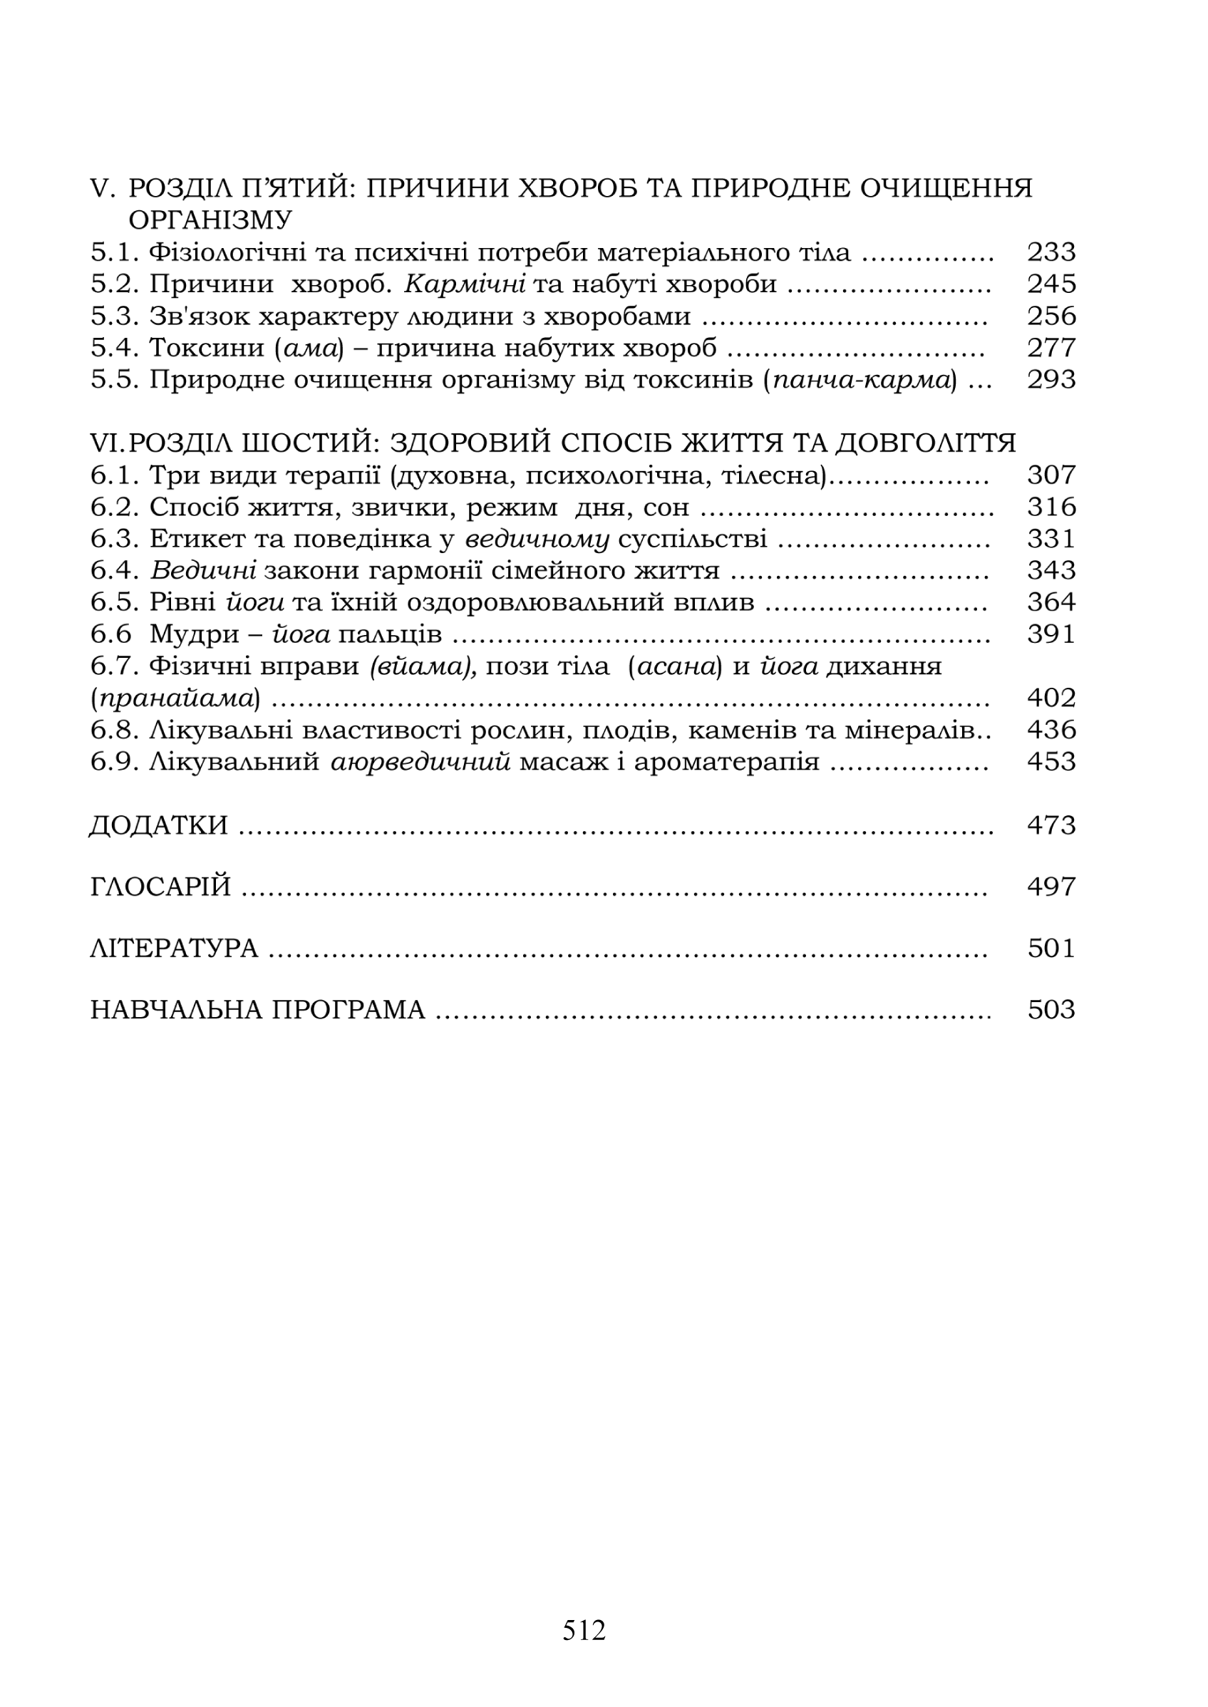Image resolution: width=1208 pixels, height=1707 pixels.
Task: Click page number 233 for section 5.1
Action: tap(1051, 253)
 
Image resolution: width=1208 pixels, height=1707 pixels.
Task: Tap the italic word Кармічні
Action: tap(465, 284)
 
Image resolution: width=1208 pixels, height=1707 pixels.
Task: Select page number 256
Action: tap(1051, 316)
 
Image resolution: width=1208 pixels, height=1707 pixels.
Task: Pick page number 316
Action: tap(1051, 507)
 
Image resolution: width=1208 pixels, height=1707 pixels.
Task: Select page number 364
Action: tap(1051, 602)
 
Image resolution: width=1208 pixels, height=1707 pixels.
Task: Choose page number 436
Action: tap(1051, 730)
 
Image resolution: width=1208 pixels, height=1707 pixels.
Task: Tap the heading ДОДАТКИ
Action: tap(158, 825)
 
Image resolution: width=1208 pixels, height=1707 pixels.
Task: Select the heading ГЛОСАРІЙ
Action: tap(160, 887)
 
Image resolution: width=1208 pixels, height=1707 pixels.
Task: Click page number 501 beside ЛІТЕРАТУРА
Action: tap(1051, 949)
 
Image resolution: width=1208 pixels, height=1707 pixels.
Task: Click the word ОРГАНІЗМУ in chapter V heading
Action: tap(210, 221)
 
